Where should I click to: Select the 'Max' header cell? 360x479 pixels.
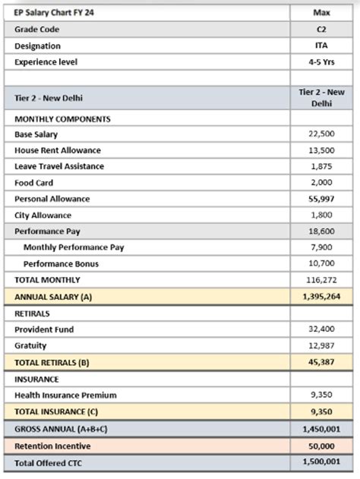click(x=321, y=13)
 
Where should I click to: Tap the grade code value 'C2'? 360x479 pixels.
click(x=321, y=29)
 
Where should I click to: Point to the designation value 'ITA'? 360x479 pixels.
click(x=321, y=46)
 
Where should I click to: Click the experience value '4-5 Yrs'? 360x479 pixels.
click(x=321, y=61)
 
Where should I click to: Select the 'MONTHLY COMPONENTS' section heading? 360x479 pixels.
click(x=62, y=119)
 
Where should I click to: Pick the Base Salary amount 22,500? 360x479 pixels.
click(x=321, y=134)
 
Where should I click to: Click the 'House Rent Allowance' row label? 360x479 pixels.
click(x=57, y=150)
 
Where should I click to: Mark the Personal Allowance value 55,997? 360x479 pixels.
click(x=321, y=199)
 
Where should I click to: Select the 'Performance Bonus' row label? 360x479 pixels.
click(x=61, y=264)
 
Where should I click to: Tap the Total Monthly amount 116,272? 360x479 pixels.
click(x=321, y=280)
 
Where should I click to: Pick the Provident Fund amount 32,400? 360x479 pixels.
click(x=321, y=329)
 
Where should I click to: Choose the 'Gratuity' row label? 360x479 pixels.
click(x=30, y=345)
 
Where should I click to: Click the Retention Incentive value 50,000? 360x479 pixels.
click(x=321, y=446)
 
